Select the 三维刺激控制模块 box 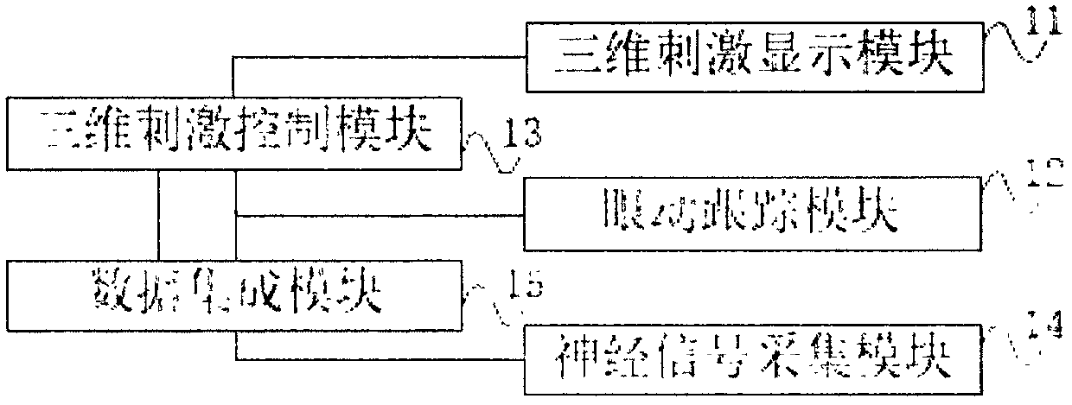point(233,136)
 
